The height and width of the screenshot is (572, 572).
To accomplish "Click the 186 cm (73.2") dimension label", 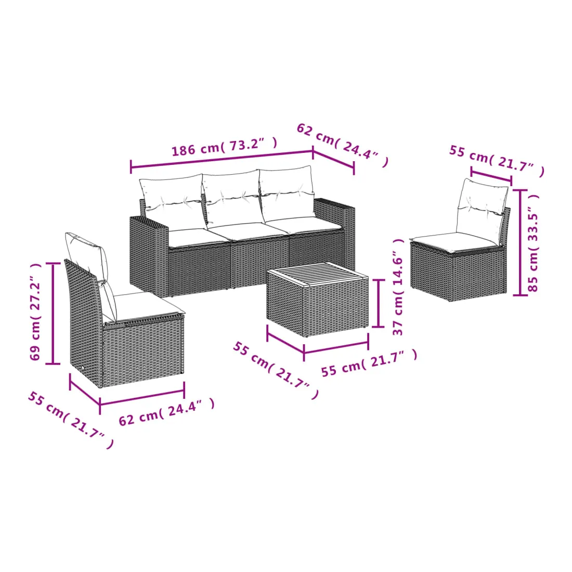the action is coord(224,147).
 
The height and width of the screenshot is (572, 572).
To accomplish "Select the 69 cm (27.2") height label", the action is coord(35,311).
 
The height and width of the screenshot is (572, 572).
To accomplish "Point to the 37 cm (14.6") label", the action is coord(398,287).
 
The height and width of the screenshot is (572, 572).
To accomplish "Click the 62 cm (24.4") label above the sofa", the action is coord(343,145).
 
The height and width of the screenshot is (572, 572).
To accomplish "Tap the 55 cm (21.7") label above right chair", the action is coord(497,161).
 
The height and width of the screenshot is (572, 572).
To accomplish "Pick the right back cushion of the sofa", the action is coord(287,193).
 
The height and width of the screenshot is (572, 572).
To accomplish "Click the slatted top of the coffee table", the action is coord(317,273).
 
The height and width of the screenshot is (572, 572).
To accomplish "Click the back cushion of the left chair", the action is coord(91,270).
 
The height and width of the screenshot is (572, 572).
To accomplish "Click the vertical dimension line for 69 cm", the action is coord(53,314).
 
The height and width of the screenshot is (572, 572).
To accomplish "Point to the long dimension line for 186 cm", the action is coord(222,159).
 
